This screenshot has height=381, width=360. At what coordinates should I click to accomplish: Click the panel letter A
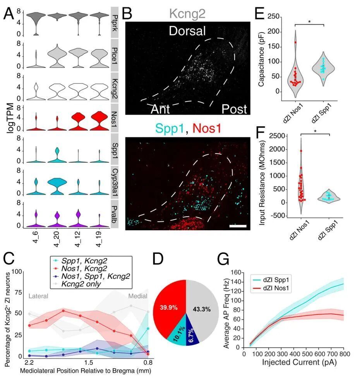[x=9, y=14]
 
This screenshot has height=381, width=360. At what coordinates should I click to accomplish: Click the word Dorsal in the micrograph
[x=187, y=31]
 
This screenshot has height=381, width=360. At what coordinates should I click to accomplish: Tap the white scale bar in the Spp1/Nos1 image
[x=238, y=226]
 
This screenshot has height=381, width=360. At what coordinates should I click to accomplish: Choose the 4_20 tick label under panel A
[x=56, y=239]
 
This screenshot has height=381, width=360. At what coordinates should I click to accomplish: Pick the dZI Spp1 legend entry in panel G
[x=271, y=280]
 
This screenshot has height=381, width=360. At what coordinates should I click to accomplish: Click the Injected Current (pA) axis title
[x=299, y=362]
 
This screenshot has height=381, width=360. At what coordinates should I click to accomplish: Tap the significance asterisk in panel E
[x=310, y=22]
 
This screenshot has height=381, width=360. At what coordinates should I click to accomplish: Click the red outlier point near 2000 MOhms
[x=301, y=151]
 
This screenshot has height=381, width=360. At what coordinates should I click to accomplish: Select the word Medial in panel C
[x=138, y=296]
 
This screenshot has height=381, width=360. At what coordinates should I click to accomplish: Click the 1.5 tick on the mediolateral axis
[x=89, y=363]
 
